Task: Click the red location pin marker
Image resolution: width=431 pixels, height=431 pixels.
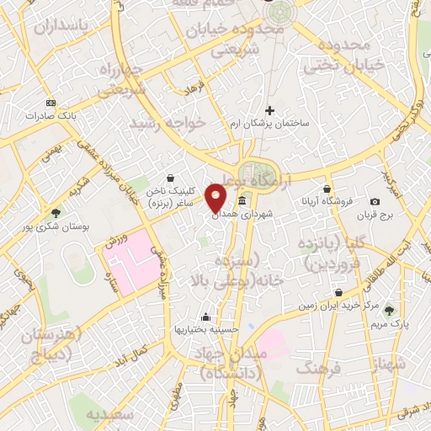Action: click(216, 196)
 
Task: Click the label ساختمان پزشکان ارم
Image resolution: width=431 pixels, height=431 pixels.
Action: click(270, 124)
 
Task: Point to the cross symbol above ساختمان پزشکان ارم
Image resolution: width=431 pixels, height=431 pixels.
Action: click(269, 110)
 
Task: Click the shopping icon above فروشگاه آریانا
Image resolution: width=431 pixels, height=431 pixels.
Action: click(327, 189)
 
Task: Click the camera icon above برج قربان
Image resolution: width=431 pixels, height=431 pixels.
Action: click(375, 202)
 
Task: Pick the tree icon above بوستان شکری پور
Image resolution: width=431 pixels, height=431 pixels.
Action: click(56, 213)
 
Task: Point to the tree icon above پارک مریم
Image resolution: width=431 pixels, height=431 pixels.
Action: click(388, 310)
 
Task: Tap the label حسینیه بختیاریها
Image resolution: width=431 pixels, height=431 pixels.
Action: click(206, 330)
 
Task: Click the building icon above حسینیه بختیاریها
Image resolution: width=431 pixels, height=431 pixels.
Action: click(206, 317)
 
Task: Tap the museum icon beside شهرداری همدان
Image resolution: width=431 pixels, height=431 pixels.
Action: click(242, 200)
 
